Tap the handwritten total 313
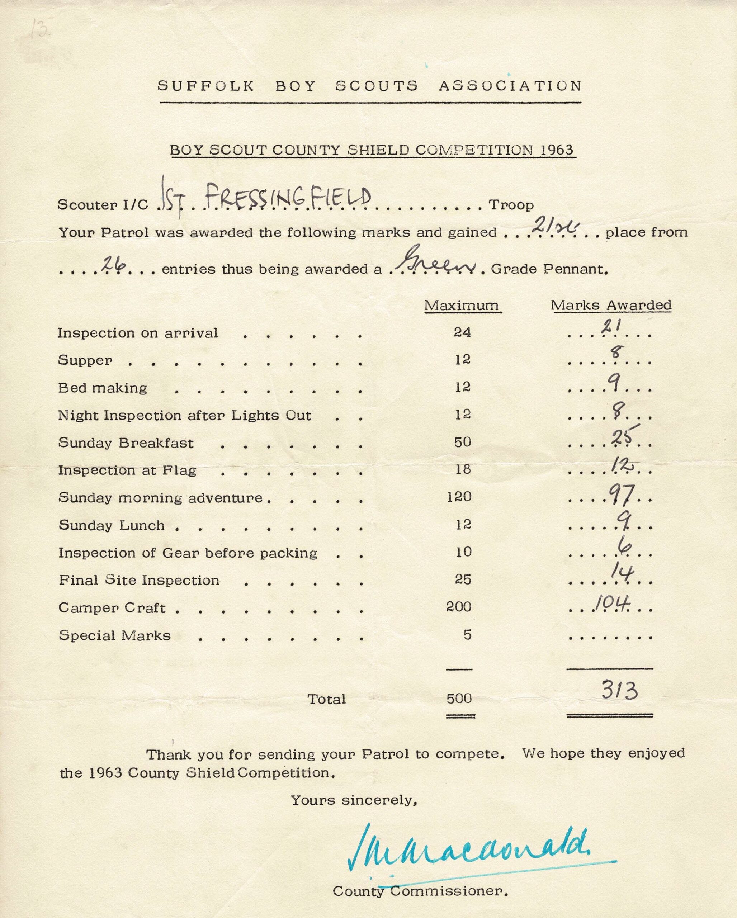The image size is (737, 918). (619, 691)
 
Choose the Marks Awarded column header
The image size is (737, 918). (611, 305)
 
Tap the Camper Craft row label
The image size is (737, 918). (112, 607)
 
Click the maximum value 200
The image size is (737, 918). (459, 607)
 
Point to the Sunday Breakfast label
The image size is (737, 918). (126, 443)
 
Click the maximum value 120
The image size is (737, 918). (459, 496)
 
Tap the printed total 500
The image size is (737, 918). (459, 698)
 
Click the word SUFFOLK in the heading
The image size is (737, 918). (205, 86)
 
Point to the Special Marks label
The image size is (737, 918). (114, 635)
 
